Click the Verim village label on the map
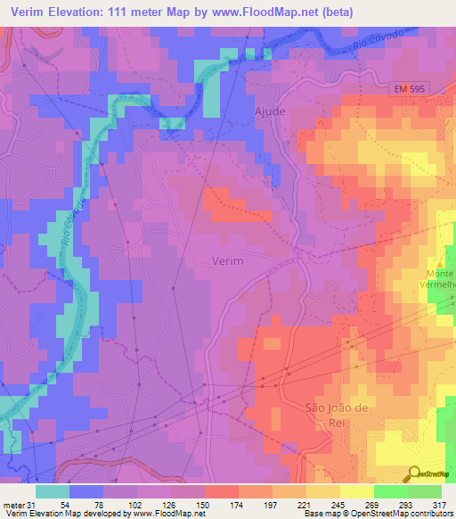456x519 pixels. click(x=228, y=261)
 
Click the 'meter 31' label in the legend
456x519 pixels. click(x=18, y=506)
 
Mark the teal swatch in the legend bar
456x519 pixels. click(x=53, y=491)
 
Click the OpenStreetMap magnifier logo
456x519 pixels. click(x=415, y=474)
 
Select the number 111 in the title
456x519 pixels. click(x=130, y=12)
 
